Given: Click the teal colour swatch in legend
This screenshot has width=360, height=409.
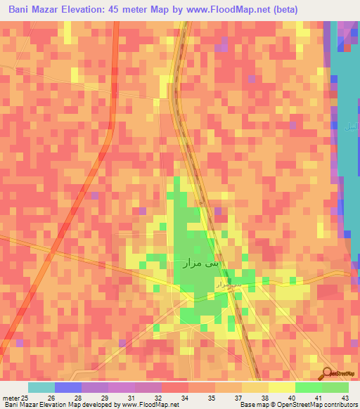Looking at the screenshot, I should (x=41, y=387).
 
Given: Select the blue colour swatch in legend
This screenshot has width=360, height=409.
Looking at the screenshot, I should (x=67, y=387).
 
